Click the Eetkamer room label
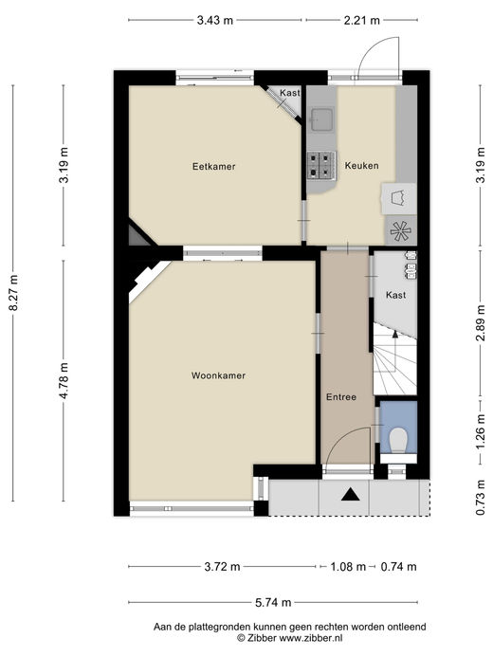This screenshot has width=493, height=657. [213, 166]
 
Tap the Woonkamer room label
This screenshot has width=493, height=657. [218, 375]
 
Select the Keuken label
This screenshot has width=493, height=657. [361, 166]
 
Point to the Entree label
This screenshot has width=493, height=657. [341, 397]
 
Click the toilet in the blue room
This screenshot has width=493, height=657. [398, 440]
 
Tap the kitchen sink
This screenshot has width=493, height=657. [322, 119]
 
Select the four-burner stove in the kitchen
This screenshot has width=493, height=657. [321, 166]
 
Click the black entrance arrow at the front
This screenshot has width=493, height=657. [351, 495]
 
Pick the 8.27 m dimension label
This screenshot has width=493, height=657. [14, 292]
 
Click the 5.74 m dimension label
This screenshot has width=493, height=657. [273, 603]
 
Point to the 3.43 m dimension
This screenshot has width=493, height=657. [215, 20]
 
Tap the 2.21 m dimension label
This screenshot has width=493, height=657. [362, 20]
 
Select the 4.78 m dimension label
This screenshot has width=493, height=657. [64, 380]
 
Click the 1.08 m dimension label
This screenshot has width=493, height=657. [348, 567]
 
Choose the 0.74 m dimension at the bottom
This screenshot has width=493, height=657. [398, 567]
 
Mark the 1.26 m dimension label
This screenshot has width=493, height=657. [481, 431]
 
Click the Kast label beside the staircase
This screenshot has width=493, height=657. [396, 295]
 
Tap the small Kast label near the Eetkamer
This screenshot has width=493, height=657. [290, 93]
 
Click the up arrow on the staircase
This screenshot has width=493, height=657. [394, 334]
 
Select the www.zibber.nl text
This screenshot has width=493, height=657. [311, 638]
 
